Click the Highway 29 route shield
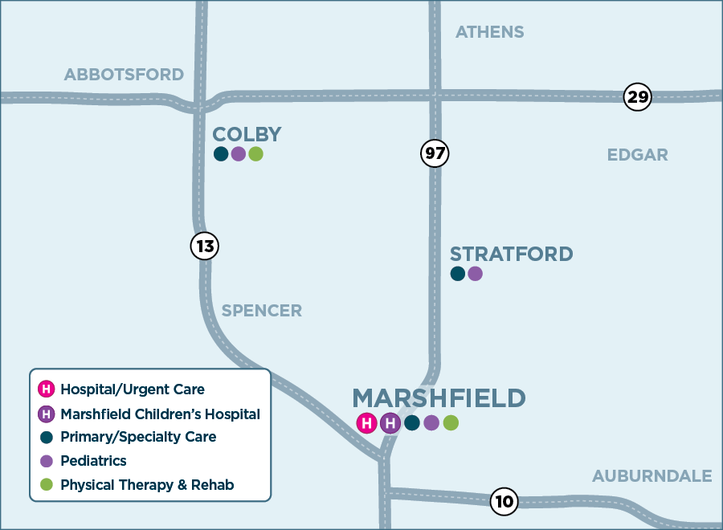tap(637, 98)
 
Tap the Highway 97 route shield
tap(435, 153)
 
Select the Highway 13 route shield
tap(205, 246)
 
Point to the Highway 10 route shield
tap(504, 502)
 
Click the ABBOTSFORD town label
tap(124, 75)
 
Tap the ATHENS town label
tap(489, 32)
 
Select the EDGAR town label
tap(637, 155)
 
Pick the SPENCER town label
tap(261, 311)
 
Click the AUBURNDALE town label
tap(652, 476)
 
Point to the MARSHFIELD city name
tap(439, 398)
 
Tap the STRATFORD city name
tap(511, 255)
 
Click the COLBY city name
tap(247, 134)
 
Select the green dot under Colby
tap(255, 154)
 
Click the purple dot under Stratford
tap(475, 274)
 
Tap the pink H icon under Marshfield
tap(366, 423)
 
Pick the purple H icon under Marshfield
tap(390, 423)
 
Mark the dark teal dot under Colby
tap(221, 154)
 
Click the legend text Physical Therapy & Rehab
tap(147, 485)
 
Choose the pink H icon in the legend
tap(47, 389)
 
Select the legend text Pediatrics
tap(93, 461)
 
